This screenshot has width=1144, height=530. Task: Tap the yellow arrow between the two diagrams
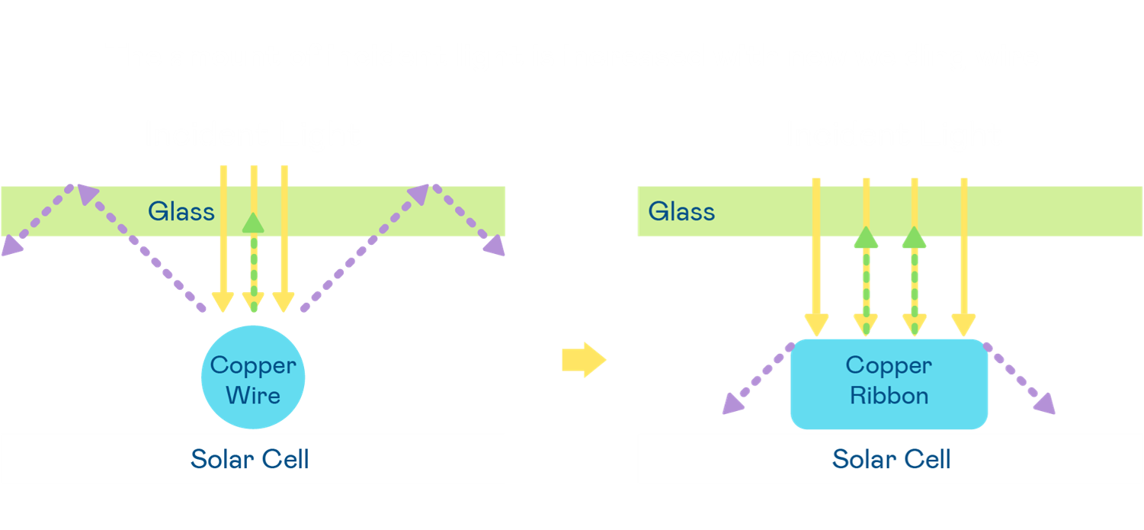pos(583,359)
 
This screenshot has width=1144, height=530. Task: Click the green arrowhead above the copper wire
pos(253,222)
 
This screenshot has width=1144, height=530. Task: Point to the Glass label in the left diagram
pos(181,211)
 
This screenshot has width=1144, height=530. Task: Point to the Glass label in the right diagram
pos(681,211)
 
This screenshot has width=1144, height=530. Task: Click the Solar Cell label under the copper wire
pos(250,459)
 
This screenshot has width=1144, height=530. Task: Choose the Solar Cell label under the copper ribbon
pos(892,459)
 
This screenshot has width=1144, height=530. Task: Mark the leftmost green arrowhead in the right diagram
pos(864,237)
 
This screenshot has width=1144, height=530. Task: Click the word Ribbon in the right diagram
pos(889,396)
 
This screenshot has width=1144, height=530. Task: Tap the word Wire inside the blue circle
pos(253,395)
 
